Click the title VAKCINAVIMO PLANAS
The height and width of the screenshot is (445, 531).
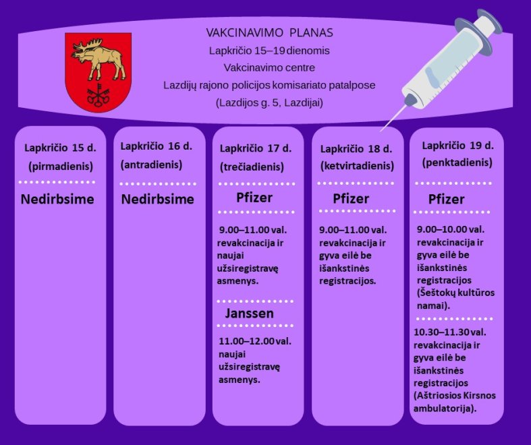click(x=270, y=32)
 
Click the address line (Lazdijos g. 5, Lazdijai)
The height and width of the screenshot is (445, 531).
click(x=269, y=102)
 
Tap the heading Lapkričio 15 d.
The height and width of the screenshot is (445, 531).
click(x=60, y=148)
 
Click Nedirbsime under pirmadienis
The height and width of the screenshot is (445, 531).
click(x=57, y=199)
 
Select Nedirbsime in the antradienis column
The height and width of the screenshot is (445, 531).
click(x=157, y=199)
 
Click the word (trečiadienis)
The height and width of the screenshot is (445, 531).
click(x=252, y=167)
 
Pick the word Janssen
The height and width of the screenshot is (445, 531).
click(x=249, y=314)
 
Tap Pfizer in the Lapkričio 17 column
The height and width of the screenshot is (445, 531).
click(x=254, y=198)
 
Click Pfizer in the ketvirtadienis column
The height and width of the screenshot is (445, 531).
click(x=351, y=199)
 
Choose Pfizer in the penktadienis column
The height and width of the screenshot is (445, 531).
click(x=447, y=199)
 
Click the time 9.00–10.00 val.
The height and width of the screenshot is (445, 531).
click(x=451, y=229)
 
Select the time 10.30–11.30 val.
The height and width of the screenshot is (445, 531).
click(x=450, y=332)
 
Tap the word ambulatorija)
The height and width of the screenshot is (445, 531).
click(x=445, y=409)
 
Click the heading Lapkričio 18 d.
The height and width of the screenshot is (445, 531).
click(x=356, y=149)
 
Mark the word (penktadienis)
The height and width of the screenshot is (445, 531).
click(x=457, y=162)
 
